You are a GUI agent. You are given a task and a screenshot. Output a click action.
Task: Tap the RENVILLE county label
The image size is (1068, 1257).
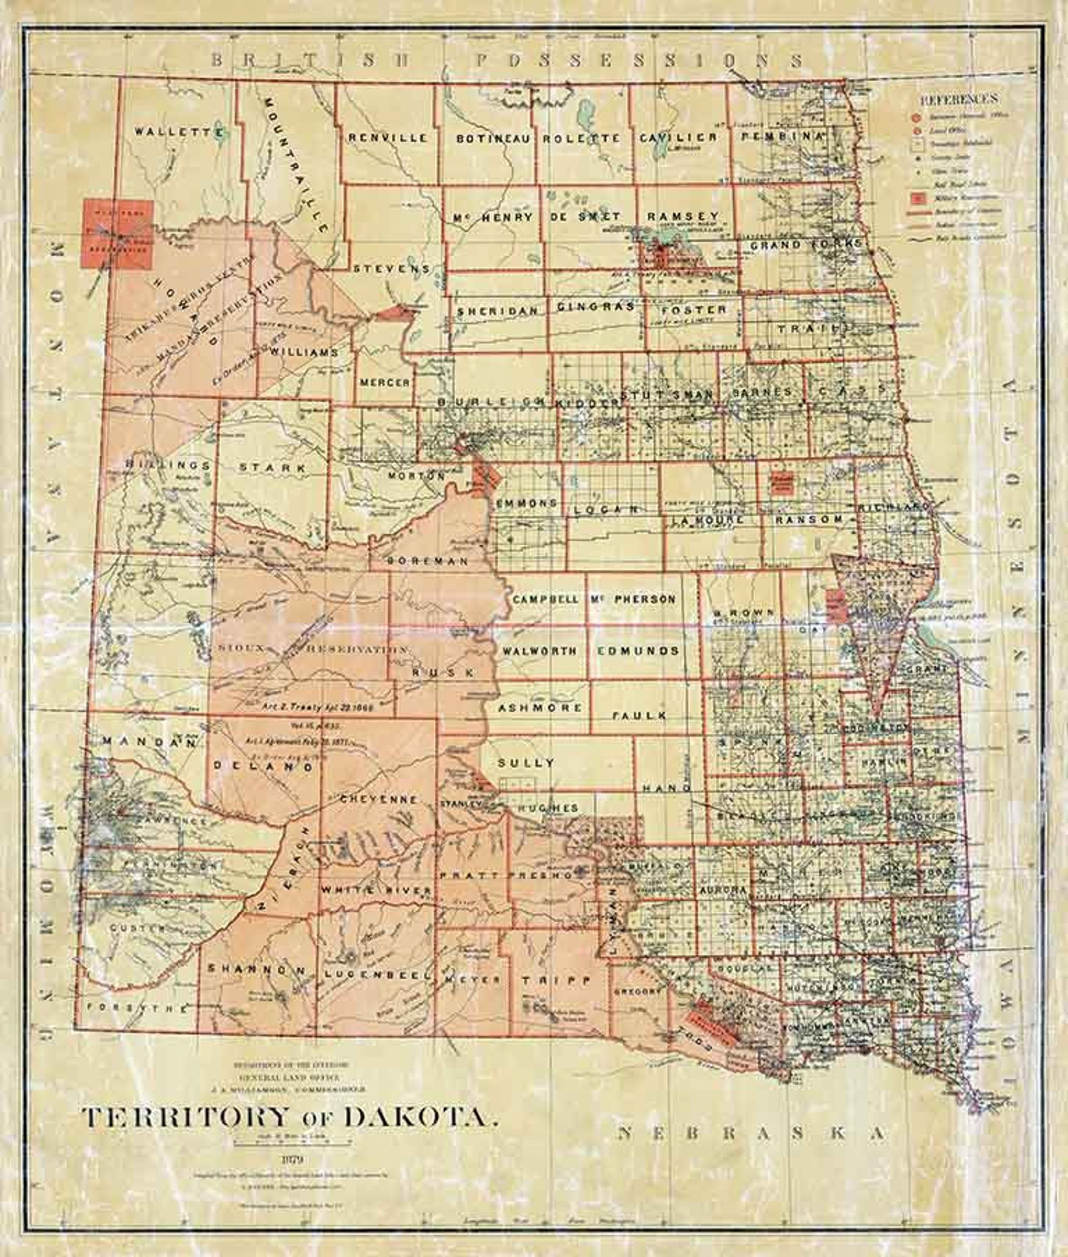[x=387, y=138]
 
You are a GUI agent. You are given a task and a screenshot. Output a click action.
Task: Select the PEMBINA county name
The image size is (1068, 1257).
[x=782, y=136]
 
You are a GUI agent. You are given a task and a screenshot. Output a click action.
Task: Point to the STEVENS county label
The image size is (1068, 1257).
[x=391, y=268]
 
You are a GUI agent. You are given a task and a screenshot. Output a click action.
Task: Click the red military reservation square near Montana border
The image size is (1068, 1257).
[x=116, y=234]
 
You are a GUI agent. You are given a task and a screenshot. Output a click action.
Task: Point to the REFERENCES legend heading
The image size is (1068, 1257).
[x=958, y=100]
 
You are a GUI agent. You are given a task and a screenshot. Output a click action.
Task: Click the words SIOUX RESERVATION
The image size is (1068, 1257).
[x=313, y=649]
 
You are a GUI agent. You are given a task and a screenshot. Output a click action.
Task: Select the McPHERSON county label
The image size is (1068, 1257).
[x=634, y=599]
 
